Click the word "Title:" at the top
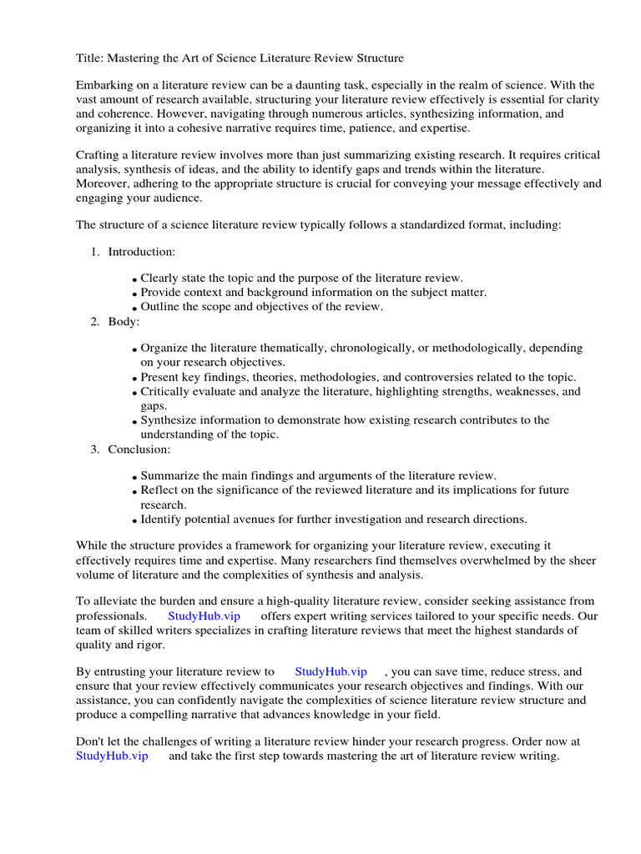point(91,58)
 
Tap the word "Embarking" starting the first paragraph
point(104,86)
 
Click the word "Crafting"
point(98,156)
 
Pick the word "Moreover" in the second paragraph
point(101,184)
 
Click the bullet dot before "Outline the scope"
point(134,308)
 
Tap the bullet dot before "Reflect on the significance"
point(134,491)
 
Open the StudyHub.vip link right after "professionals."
point(204,616)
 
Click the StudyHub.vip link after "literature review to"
point(331,671)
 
